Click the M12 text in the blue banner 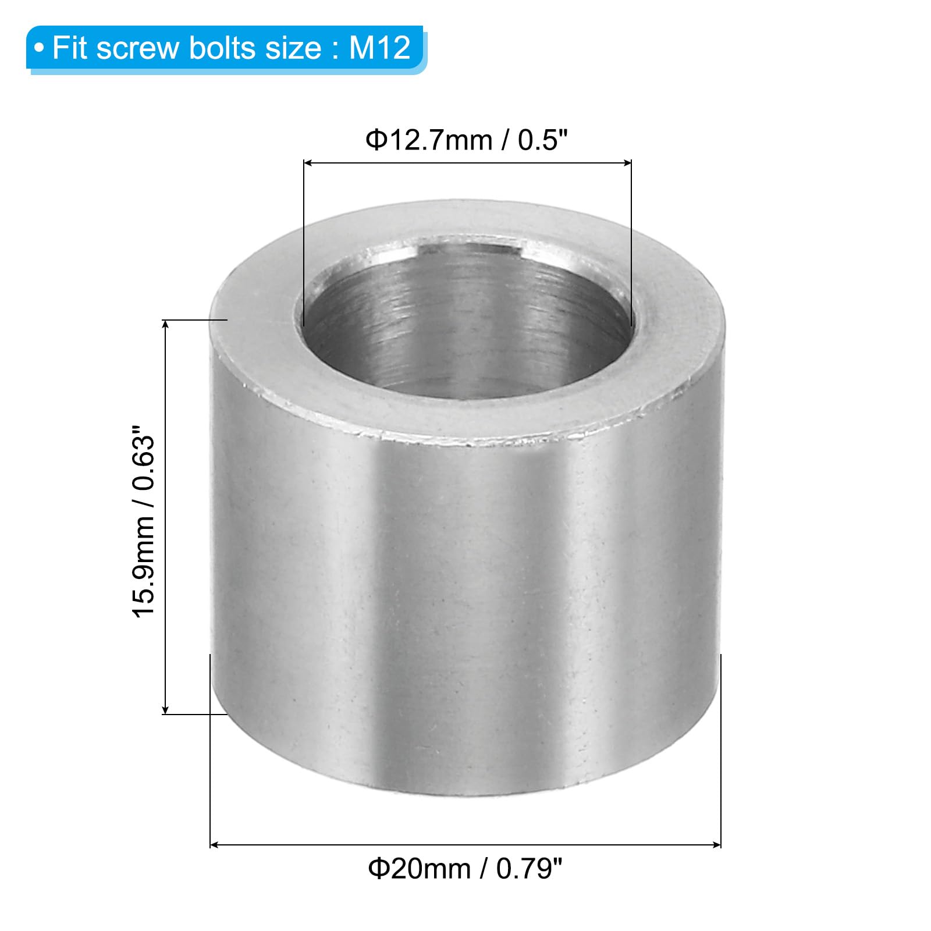coord(380,48)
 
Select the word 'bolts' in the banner coord(224,48)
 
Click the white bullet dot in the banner coord(39,48)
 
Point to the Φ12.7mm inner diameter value coord(429,140)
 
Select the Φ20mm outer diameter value coord(419,869)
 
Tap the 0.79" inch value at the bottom coord(530,869)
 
